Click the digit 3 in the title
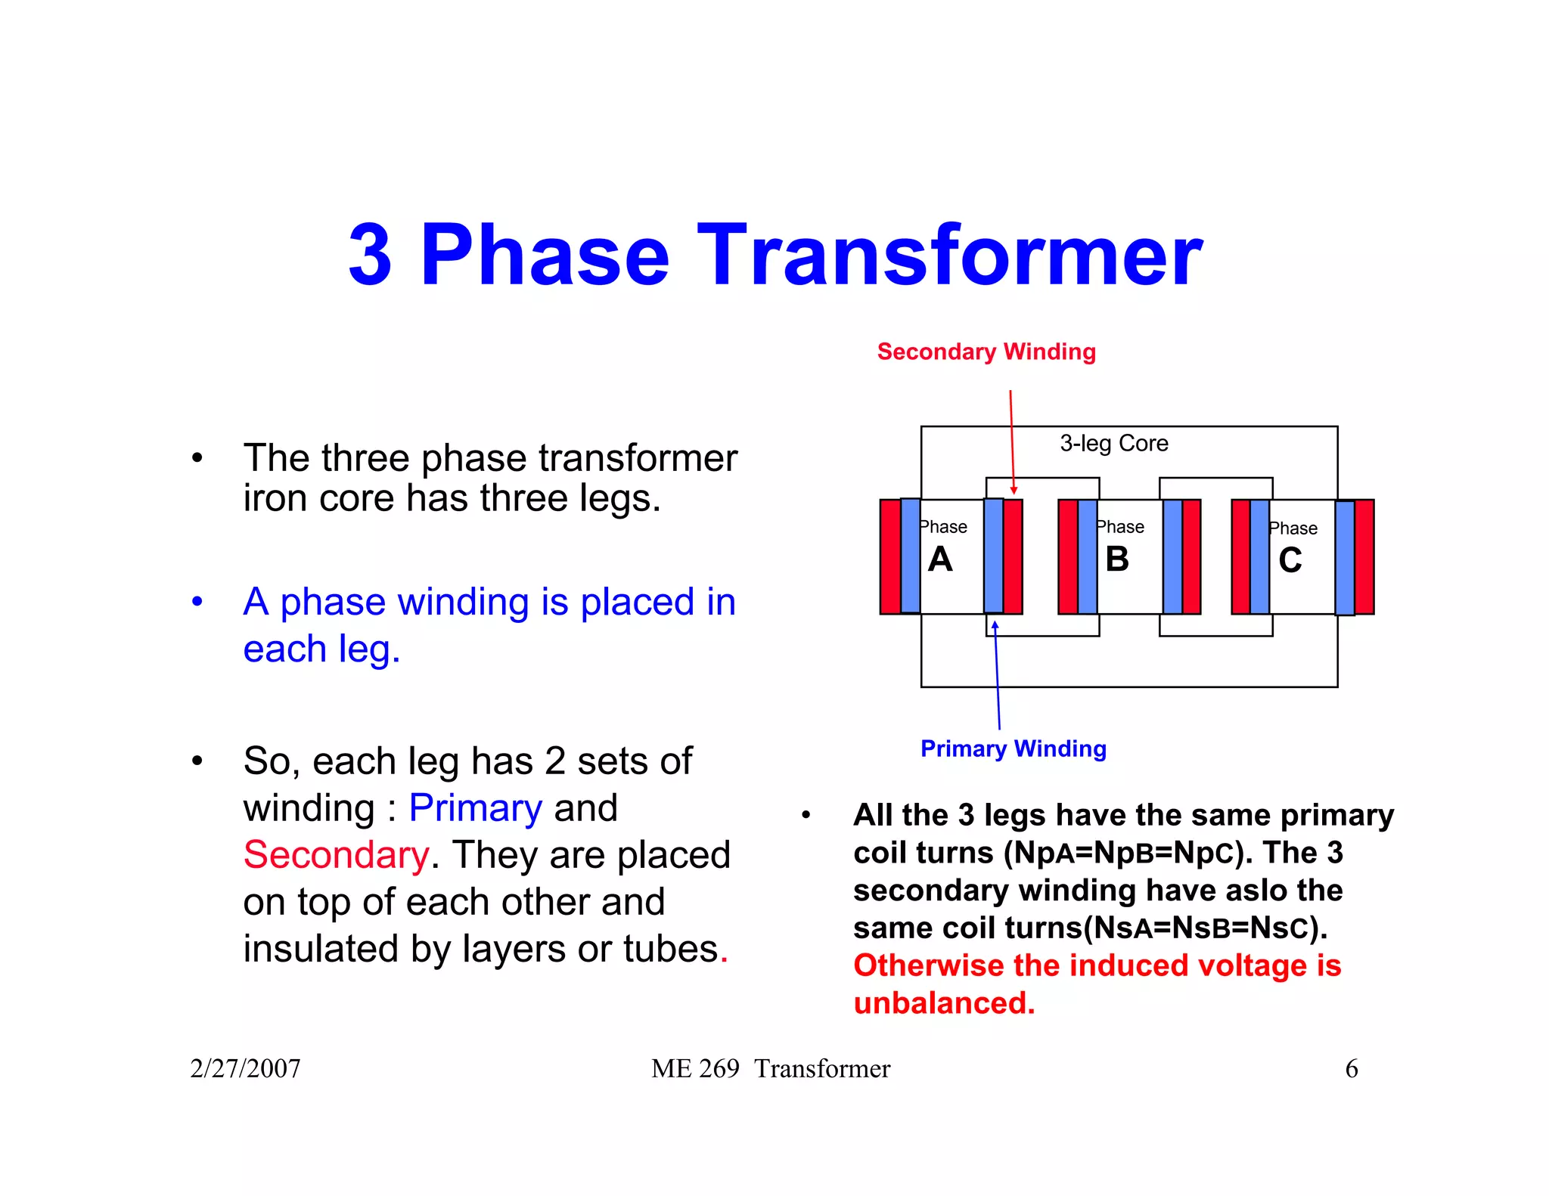pos(371,257)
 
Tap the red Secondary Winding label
pos(986,352)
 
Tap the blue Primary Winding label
pos(1013,748)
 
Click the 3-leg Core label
pos(1113,443)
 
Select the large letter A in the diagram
pos(940,559)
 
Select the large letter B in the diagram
pos(1117,559)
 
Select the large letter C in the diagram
pos(1290,560)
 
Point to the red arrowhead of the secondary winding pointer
pos(1014,491)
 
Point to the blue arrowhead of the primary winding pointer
pos(995,625)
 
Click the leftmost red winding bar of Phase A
pos(890,556)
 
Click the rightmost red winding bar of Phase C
pos(1364,556)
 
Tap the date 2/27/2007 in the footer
pos(245,1068)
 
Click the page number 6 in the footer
pos(1352,1068)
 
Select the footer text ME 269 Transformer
pos(771,1068)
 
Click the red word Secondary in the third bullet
pos(336,855)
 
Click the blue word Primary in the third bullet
pos(475,808)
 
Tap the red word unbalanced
pos(943,1003)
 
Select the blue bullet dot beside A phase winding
pos(197,602)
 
